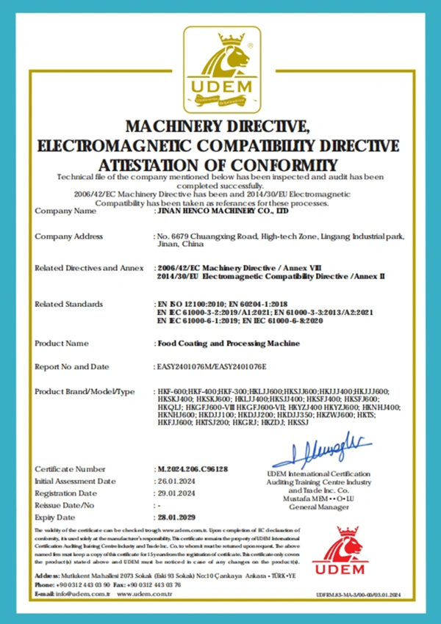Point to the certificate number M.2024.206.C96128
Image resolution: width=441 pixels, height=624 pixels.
[193, 468]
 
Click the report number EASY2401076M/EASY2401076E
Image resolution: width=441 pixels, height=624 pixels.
[209, 366]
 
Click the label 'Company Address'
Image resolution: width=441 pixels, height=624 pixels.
[69, 236]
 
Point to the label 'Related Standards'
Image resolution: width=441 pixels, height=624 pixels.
[69, 303]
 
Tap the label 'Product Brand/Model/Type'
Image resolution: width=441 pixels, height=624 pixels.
[85, 391]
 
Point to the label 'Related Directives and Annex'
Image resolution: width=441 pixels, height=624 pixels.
[88, 269]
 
